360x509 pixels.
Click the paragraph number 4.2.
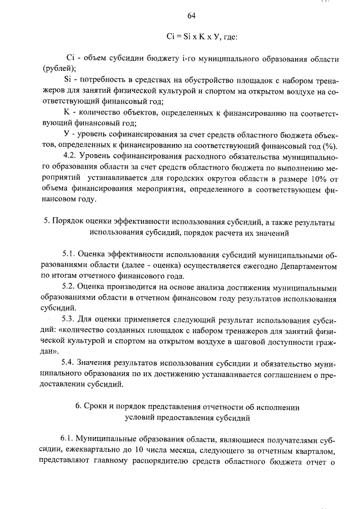click(70, 155)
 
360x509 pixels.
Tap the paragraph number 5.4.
click(70, 362)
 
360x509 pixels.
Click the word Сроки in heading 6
click(97, 406)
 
